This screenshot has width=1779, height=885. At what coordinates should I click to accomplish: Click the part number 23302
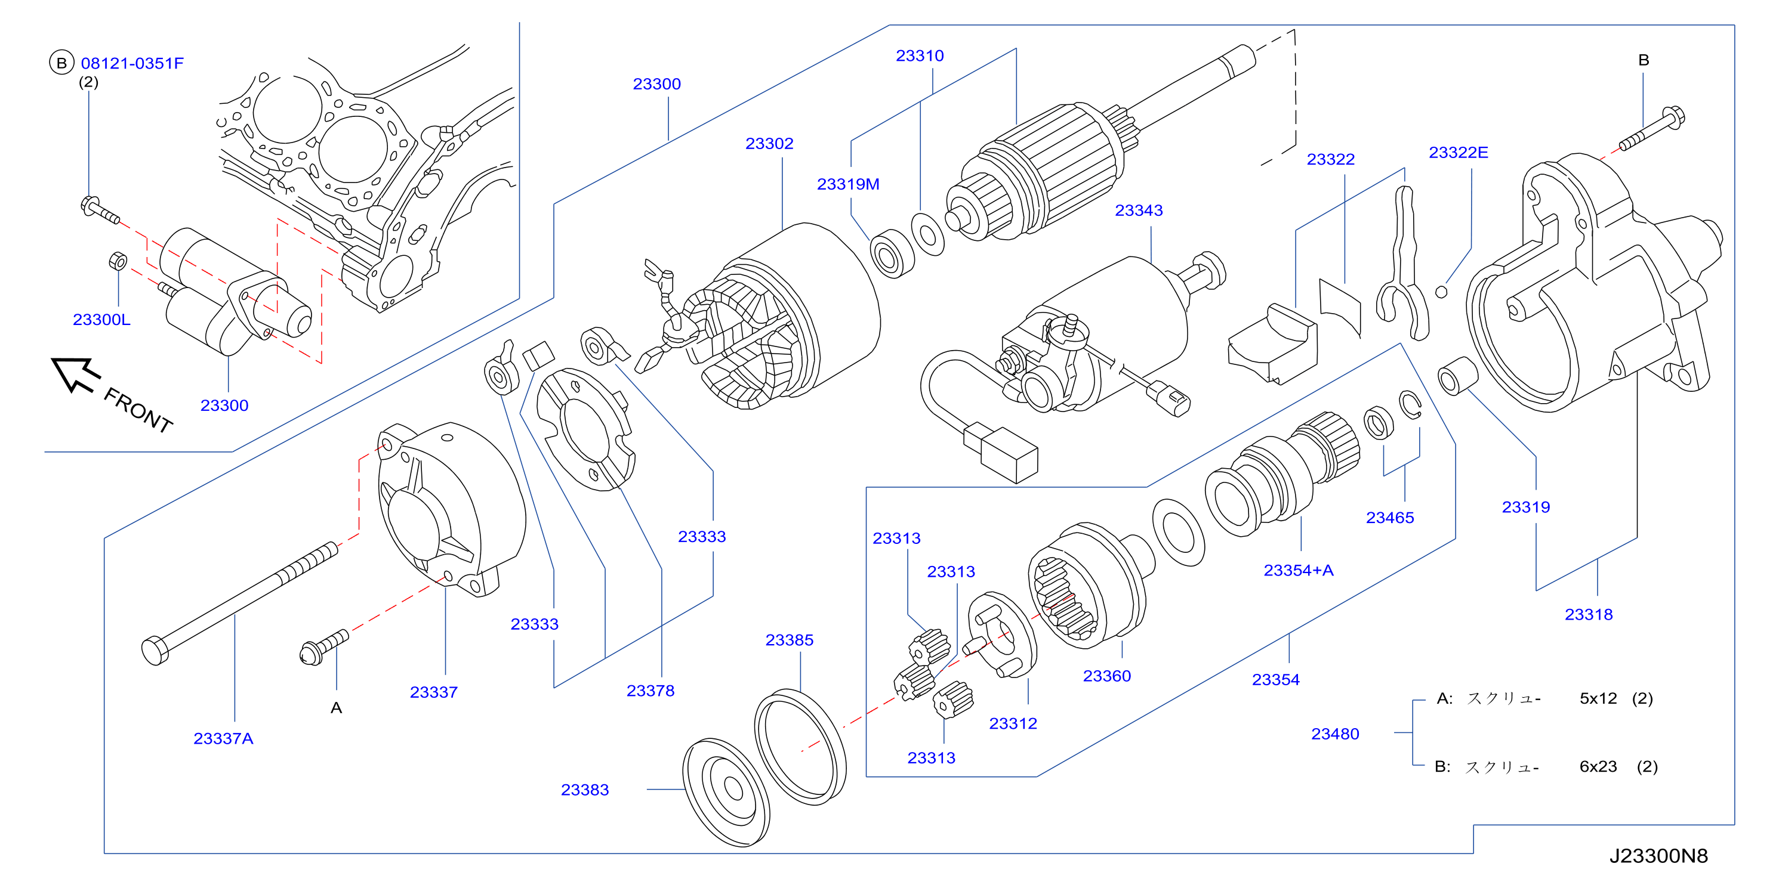pos(769,144)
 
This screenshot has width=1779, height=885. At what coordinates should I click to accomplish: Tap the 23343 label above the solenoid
pos(1138,211)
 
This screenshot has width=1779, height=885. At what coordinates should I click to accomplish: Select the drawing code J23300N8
pos(1657,856)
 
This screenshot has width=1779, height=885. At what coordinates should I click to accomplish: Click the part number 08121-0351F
pos(132,63)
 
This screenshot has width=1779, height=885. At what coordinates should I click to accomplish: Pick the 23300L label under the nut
pos(101,320)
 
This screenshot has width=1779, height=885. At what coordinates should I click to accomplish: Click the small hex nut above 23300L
pos(118,262)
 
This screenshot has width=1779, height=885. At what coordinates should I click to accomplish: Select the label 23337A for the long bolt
pos(223,739)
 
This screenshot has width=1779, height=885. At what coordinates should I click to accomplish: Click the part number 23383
pos(584,790)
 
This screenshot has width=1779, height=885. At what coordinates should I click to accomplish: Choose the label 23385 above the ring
pos(789,640)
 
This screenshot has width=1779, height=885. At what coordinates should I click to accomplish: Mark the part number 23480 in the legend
pos(1334,734)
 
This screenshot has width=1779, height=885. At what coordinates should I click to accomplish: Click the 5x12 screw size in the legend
pos(1598,698)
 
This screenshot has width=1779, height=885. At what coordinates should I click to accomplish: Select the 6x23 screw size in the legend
pos(1598,766)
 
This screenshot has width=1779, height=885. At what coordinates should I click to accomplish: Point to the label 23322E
pos(1458,153)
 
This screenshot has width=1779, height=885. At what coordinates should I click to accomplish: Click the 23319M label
pos(848,184)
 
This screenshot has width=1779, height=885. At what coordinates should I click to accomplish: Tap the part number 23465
pos(1389,518)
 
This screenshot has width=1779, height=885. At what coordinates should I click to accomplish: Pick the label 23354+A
pos(1299,570)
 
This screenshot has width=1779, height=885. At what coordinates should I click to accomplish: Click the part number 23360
pos(1106,676)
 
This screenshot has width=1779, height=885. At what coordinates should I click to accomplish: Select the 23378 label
pos(650,691)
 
